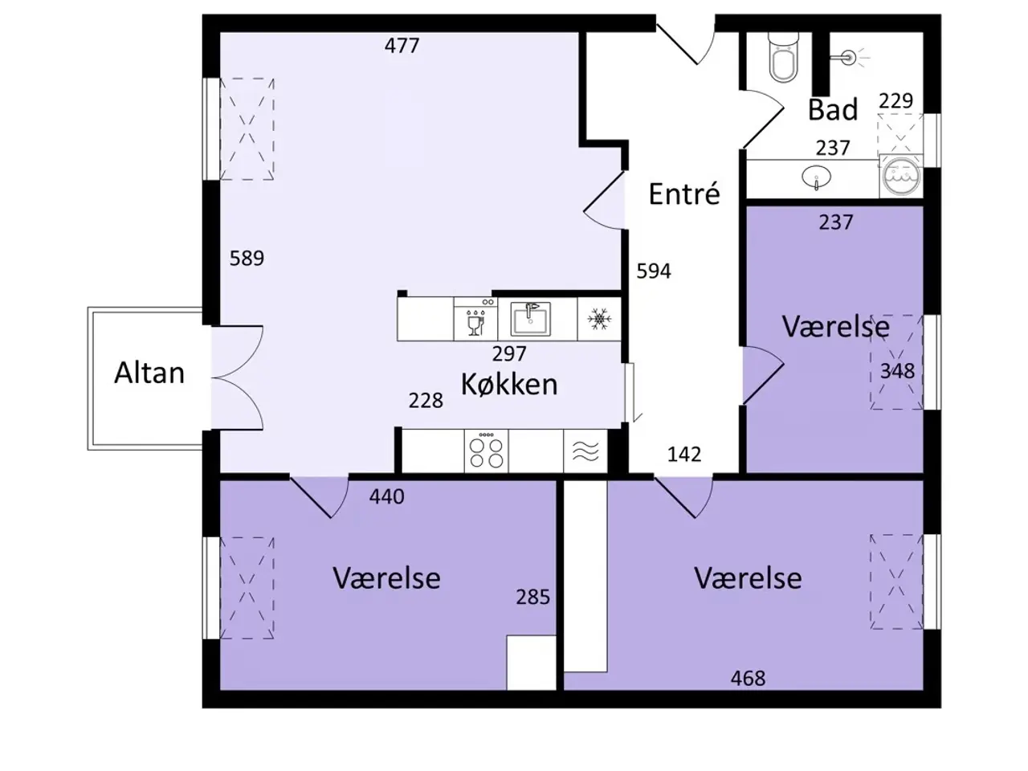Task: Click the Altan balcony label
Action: (149, 373)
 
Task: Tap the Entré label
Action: (684, 194)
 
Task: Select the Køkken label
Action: (509, 385)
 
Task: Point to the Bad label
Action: (833, 109)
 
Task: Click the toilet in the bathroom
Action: (782, 57)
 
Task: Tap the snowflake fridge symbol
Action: (599, 319)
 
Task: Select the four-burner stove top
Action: (486, 450)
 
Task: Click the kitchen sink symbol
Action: (530, 319)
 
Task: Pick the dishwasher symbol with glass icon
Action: (475, 319)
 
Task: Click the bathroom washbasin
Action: (816, 177)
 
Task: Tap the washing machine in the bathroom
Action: (900, 176)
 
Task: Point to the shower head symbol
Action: (849, 58)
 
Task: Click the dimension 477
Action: (402, 46)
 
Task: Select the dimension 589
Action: (247, 259)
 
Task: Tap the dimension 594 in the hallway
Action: (654, 271)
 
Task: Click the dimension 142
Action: (684, 455)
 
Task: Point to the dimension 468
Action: (748, 679)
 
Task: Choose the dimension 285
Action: (533, 598)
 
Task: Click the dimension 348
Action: (897, 371)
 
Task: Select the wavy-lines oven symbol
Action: (585, 451)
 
